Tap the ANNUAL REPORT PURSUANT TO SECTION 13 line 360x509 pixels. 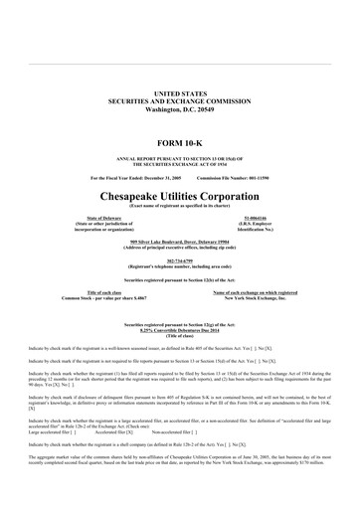(x=180, y=158)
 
